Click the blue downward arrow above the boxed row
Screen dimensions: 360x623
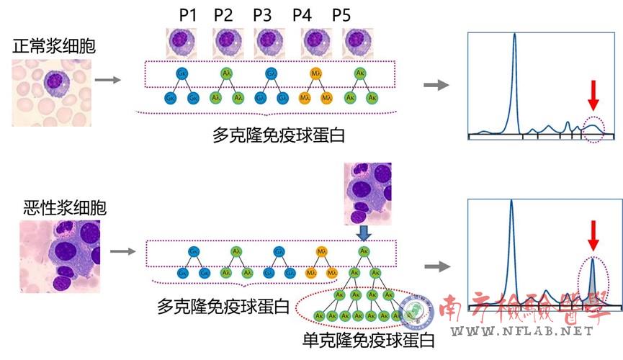(363, 231)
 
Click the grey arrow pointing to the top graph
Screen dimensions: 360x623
(435, 85)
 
